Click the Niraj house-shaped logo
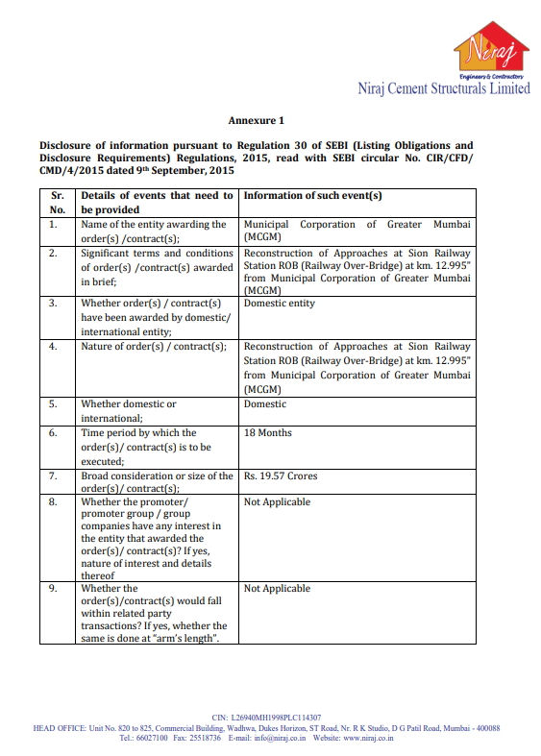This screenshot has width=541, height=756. pyautogui.click(x=491, y=49)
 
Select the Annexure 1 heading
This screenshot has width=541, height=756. pyautogui.click(x=257, y=121)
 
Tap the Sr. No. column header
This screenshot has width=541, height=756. pyautogui.click(x=58, y=202)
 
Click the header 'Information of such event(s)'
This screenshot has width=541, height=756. pyautogui.click(x=313, y=195)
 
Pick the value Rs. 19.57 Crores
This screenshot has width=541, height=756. pyautogui.click(x=281, y=476)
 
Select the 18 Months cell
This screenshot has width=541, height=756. pyautogui.click(x=268, y=433)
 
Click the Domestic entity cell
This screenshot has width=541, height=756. pyautogui.click(x=280, y=304)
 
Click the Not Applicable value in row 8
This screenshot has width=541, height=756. pyautogui.click(x=277, y=502)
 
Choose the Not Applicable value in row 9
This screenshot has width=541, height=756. pyautogui.click(x=277, y=589)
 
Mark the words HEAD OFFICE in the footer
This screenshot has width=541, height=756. pyautogui.click(x=60, y=728)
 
